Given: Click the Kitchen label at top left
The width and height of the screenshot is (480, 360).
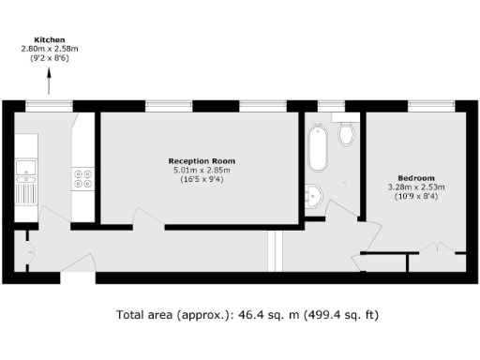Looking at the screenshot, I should click(50, 40).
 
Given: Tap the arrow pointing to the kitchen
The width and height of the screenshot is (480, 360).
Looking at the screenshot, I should click(50, 85).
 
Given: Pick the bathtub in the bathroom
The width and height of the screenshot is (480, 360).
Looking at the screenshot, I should click(318, 149).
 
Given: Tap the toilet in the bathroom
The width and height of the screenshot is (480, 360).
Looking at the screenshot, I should click(346, 135).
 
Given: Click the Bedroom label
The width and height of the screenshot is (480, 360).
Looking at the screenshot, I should click(415, 178).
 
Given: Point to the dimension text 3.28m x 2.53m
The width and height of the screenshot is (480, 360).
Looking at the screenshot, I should click(415, 187).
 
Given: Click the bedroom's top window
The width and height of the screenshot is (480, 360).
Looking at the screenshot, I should click(413, 105).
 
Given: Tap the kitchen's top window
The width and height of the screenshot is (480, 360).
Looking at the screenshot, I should click(50, 105).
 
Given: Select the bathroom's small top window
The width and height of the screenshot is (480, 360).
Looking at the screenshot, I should click(331, 105).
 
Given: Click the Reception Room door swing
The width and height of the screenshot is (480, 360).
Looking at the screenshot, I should click(145, 219).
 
